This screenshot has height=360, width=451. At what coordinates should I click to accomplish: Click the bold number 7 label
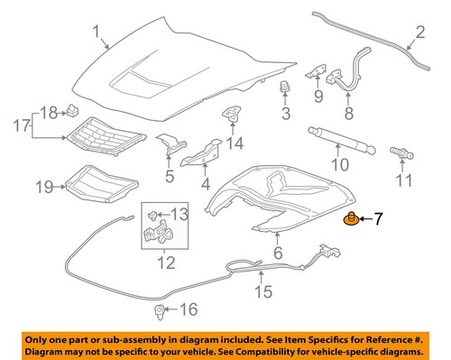pos(380,217)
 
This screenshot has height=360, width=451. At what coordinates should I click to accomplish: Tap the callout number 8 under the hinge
pos(348,114)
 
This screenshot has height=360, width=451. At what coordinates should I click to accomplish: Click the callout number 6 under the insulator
pos(277,254)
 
